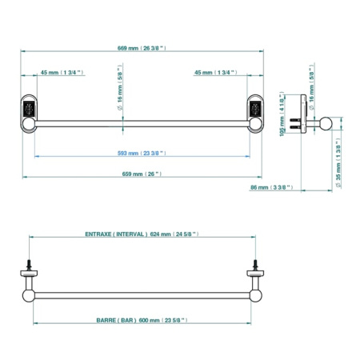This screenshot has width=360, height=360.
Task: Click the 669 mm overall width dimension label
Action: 142,48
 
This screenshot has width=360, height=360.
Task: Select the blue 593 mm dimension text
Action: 142,154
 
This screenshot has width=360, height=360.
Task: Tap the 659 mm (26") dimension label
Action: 142,174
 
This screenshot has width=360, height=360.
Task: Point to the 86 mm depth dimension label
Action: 272,187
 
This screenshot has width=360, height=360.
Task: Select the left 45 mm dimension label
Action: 62,73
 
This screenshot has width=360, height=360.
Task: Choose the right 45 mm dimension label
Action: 216,73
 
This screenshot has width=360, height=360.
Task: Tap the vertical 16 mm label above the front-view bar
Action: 120,87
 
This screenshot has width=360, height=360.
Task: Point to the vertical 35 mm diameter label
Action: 338,163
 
